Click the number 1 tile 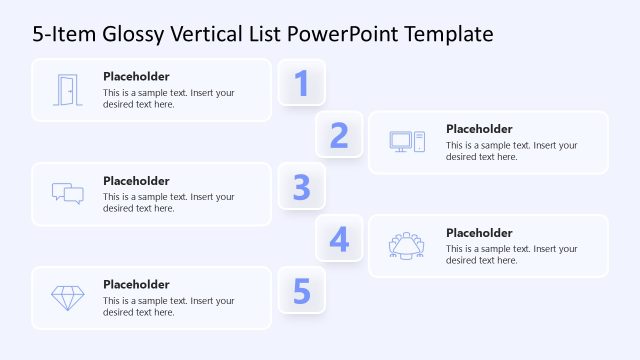pyautogui.click(x=301, y=83)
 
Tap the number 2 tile pyautogui.click(x=339, y=135)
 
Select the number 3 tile pyautogui.click(x=301, y=187)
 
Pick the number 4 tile pyautogui.click(x=339, y=239)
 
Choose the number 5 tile pyautogui.click(x=301, y=291)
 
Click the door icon pyautogui.click(x=67, y=90)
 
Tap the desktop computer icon pyautogui.click(x=407, y=142)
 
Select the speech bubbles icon pyautogui.click(x=67, y=193)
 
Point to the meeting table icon pyautogui.click(x=407, y=245)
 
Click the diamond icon pyautogui.click(x=67, y=297)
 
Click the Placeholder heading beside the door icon pyautogui.click(x=136, y=76)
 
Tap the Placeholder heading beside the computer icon pyautogui.click(x=479, y=128)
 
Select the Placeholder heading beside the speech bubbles pyautogui.click(x=136, y=180)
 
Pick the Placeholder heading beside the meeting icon pyautogui.click(x=479, y=232)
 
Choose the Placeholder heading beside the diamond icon pyautogui.click(x=136, y=284)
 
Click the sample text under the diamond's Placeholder pyautogui.click(x=168, y=306)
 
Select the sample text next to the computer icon pyautogui.click(x=511, y=150)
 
